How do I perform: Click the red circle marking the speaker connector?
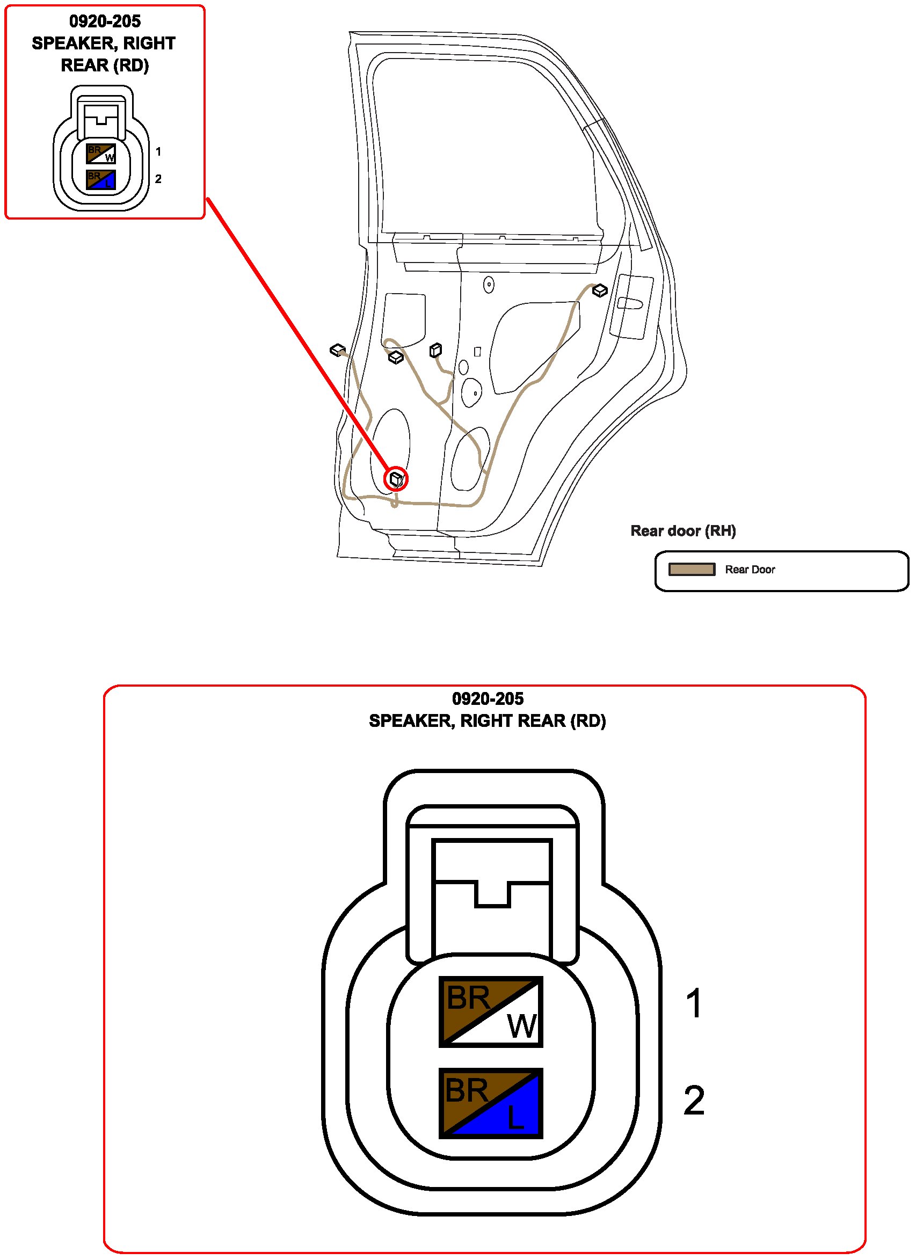(396, 478)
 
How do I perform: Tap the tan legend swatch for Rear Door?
(691, 570)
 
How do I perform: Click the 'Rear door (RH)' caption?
(682, 530)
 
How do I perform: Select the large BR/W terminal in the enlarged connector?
(491, 1011)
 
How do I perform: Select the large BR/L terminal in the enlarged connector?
(491, 1103)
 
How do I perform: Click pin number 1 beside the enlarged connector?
(694, 1003)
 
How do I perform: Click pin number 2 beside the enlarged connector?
(694, 1100)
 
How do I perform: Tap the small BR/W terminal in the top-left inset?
(101, 154)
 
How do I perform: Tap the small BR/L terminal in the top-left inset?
(101, 179)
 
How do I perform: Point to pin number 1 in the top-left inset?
(158, 151)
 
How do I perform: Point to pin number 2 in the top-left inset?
(158, 179)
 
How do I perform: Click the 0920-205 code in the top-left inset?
(105, 21)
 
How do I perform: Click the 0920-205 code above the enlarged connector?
(488, 698)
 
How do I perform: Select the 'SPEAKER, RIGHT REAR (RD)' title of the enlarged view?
(487, 720)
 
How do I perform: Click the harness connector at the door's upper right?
(599, 290)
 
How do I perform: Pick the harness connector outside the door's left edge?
(337, 350)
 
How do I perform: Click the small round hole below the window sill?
(489, 285)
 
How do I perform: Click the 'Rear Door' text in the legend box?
(750, 570)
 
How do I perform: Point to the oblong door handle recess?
(630, 303)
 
